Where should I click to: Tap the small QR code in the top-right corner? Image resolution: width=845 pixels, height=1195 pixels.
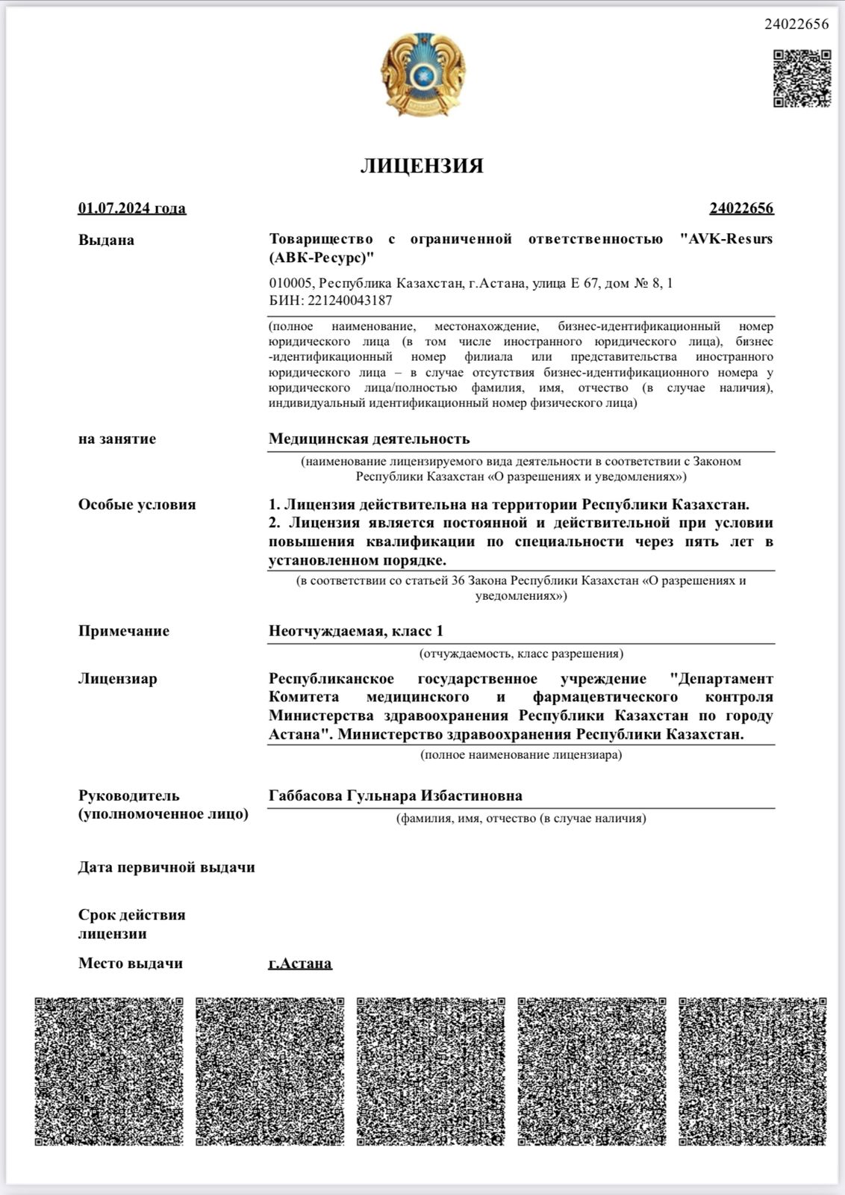pyautogui.click(x=802, y=78)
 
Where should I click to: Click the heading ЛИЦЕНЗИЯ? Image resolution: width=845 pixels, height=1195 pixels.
pyautogui.click(x=422, y=166)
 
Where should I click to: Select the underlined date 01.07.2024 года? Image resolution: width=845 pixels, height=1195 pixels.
pyautogui.click(x=132, y=208)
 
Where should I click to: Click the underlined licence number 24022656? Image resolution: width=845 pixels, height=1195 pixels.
pyautogui.click(x=741, y=208)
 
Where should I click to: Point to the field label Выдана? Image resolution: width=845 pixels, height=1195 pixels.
pyautogui.click(x=106, y=240)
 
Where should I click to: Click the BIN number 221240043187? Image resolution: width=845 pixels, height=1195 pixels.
pyautogui.click(x=349, y=301)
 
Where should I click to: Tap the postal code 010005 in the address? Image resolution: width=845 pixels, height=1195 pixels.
pyautogui.click(x=290, y=284)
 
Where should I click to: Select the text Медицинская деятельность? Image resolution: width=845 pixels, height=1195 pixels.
pyautogui.click(x=370, y=439)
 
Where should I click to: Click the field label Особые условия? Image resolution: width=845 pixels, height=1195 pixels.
pyautogui.click(x=137, y=505)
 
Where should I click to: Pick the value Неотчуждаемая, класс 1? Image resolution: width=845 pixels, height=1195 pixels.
pyautogui.click(x=356, y=631)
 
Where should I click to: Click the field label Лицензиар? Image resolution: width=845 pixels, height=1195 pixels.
pyautogui.click(x=118, y=679)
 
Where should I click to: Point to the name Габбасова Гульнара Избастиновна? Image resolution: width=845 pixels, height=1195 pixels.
pyautogui.click(x=396, y=796)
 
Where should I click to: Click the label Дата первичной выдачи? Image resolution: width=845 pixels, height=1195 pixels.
pyautogui.click(x=166, y=868)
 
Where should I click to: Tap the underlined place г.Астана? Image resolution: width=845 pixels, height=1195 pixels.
pyautogui.click(x=300, y=963)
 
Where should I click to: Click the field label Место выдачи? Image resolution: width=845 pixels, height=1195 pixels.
pyautogui.click(x=131, y=963)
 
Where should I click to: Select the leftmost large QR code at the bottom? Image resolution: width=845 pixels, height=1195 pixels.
pyautogui.click(x=109, y=1071)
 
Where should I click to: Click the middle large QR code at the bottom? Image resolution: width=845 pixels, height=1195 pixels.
pyautogui.click(x=431, y=1071)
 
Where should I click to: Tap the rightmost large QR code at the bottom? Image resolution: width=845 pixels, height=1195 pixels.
pyautogui.click(x=752, y=1071)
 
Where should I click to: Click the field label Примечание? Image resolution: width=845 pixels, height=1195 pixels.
pyautogui.click(x=124, y=631)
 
